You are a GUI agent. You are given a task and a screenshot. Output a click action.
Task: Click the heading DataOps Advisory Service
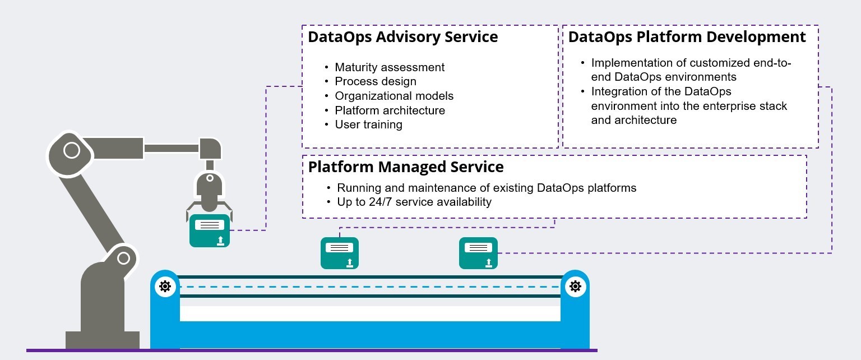pos(402,38)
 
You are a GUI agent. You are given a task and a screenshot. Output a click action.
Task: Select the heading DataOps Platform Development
pos(687,38)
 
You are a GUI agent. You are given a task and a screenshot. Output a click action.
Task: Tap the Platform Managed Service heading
pos(406,167)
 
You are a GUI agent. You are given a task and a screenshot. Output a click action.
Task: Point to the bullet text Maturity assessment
pos(390,67)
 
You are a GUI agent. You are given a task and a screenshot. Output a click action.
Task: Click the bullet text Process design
pos(376,82)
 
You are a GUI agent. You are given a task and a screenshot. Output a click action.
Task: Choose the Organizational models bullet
pos(394,96)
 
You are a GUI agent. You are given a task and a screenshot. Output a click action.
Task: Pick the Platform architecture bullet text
pos(390,110)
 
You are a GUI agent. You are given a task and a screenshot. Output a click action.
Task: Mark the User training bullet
pos(368,124)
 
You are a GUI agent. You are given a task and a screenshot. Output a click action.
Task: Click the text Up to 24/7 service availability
pos(414,202)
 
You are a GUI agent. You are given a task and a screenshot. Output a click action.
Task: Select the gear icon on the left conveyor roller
pos(165,287)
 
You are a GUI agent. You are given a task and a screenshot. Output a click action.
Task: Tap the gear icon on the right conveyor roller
pos(575,287)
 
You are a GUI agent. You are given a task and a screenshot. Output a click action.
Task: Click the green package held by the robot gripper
pos(210,230)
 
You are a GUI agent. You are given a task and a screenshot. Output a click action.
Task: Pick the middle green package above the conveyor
pos(340,253)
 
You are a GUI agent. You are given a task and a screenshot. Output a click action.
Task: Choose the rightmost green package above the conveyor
pos(479,253)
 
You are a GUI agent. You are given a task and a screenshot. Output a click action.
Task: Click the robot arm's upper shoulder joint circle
pos(71,150)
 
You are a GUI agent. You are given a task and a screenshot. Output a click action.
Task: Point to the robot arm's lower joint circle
pos(123,259)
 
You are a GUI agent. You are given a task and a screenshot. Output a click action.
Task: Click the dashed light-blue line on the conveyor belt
pos(370,287)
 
